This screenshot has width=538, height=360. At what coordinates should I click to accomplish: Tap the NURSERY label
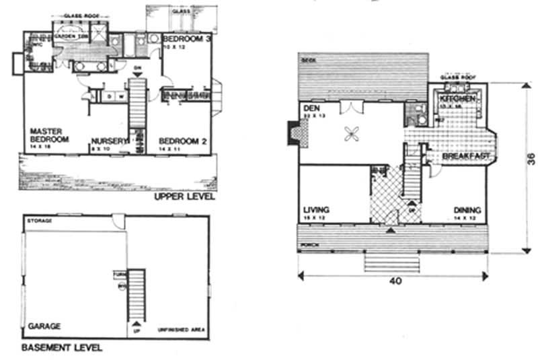pyautogui.click(x=108, y=141)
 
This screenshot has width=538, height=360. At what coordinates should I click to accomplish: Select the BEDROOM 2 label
pyautogui.click(x=182, y=141)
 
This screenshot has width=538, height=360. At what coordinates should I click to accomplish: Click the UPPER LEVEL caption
pyautogui.click(x=184, y=197)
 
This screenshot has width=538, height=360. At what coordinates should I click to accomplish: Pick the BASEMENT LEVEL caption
pyautogui.click(x=61, y=348)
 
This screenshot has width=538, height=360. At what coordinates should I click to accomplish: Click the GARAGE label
pyautogui.click(x=44, y=326)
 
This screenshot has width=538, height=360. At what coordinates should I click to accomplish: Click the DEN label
pyautogui.click(x=311, y=108)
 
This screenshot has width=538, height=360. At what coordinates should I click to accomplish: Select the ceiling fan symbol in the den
pyautogui.click(x=351, y=134)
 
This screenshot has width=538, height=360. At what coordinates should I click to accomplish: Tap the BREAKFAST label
pyautogui.click(x=463, y=157)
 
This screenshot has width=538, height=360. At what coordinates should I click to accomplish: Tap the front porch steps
pyautogui.click(x=391, y=261)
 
